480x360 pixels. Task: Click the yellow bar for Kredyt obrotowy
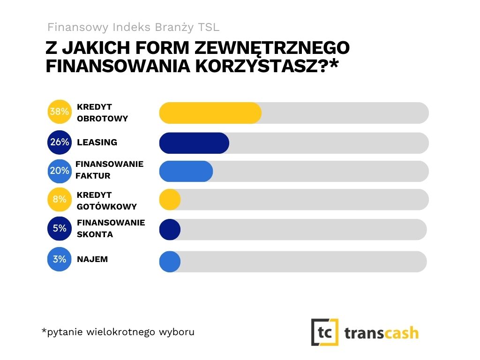[210, 113]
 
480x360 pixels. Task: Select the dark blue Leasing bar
[194, 143]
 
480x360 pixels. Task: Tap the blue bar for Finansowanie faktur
[186, 171]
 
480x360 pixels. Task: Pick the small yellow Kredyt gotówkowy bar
[170, 200]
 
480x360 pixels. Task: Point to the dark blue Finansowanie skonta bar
[170, 230]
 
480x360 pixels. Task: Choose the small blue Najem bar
[170, 262]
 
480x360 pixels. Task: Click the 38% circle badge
[60, 112]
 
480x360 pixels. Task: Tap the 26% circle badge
[60, 142]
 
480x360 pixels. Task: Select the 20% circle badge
[60, 171]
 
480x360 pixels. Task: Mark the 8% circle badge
[60, 200]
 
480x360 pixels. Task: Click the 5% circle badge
[60, 229]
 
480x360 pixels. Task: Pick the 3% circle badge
[60, 259]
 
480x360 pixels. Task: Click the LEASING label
[97, 142]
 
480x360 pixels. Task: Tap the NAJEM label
[92, 259]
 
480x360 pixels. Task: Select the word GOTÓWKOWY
[107, 206]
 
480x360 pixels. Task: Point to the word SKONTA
[95, 234]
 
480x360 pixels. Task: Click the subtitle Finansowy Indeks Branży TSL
[134, 27]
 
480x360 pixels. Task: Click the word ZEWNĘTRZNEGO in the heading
[272, 49]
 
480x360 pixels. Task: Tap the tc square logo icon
[325, 332]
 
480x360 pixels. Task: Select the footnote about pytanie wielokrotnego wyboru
[118, 332]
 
